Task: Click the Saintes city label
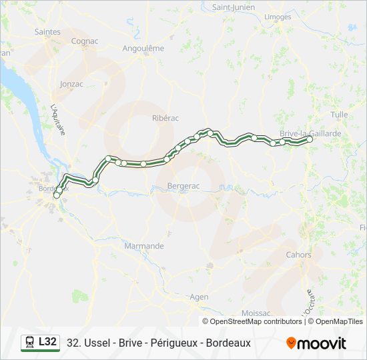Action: (47, 31)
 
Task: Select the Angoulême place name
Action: (143, 48)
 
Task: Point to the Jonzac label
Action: (71, 84)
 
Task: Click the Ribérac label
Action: (165, 117)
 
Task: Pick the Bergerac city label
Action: (183, 186)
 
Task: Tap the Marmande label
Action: (144, 246)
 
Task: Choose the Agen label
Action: (199, 297)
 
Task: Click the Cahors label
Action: (298, 255)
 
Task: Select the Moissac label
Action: (257, 313)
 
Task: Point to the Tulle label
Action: (339, 115)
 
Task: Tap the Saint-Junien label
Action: (231, 7)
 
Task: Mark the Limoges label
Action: (278, 16)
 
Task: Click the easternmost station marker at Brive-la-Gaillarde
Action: (310, 139)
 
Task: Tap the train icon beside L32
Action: (30, 343)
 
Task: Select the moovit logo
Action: (316, 343)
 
